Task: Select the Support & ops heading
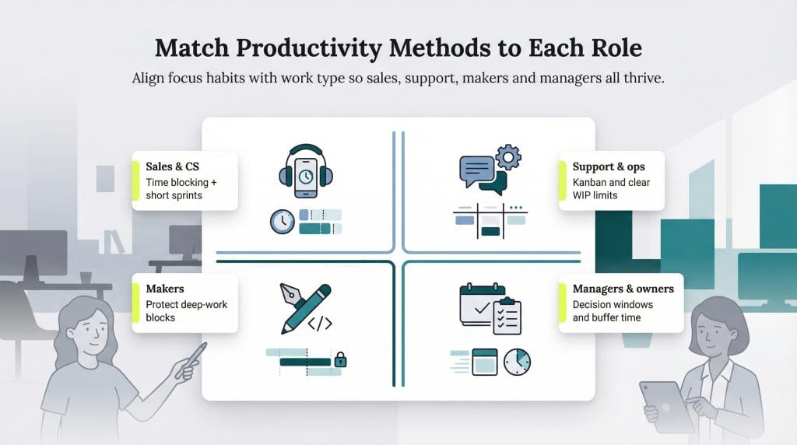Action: pyautogui.click(x=609, y=166)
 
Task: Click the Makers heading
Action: pyautogui.click(x=165, y=289)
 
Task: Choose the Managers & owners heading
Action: pyautogui.click(x=623, y=289)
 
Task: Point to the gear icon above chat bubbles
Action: pyautogui.click(x=507, y=157)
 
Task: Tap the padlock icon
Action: pyautogui.click(x=340, y=359)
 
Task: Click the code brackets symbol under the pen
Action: pyautogui.click(x=320, y=323)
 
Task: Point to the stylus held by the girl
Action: pyautogui.click(x=195, y=358)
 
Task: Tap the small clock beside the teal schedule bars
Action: pyautogui.click(x=282, y=222)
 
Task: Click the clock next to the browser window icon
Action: pyautogui.click(x=517, y=361)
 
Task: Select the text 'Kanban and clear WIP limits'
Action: pyautogui.click(x=611, y=188)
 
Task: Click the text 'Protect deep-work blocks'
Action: pyautogui.click(x=186, y=311)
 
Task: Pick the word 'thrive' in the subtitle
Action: pyautogui.click(x=643, y=79)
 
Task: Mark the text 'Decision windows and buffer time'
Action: pyautogui.click(x=613, y=311)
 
